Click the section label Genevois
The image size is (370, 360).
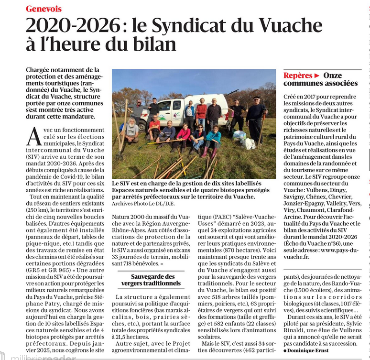click(44, 9)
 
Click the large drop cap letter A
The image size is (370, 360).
click(33, 136)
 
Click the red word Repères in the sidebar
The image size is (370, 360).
click(297, 76)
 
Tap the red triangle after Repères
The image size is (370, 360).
click(317, 76)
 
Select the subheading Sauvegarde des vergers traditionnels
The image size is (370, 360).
click(153, 280)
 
